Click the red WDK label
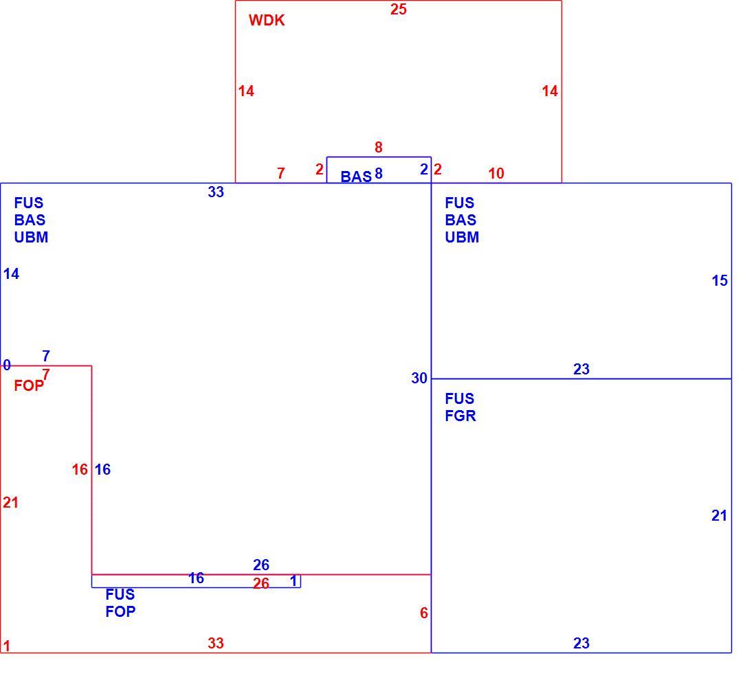pyautogui.click(x=267, y=20)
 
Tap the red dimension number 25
pyautogui.click(x=398, y=9)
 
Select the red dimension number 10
pyautogui.click(x=496, y=173)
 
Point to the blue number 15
pyautogui.click(x=720, y=280)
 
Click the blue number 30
pyautogui.click(x=419, y=378)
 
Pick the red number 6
pyautogui.click(x=424, y=613)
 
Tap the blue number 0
pyautogui.click(x=7, y=365)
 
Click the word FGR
pyautogui.click(x=460, y=416)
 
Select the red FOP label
pyautogui.click(x=29, y=385)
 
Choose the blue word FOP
pyautogui.click(x=120, y=611)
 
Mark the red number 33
pyautogui.click(x=216, y=643)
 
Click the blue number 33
pyautogui.click(x=216, y=192)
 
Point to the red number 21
pyautogui.click(x=10, y=503)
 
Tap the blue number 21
pyautogui.click(x=719, y=516)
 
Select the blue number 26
pyautogui.click(x=261, y=564)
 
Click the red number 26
pyautogui.click(x=261, y=584)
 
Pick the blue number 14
pyautogui.click(x=11, y=273)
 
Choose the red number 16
pyautogui.click(x=80, y=469)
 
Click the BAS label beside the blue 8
pyautogui.click(x=356, y=177)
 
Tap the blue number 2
pyautogui.click(x=424, y=169)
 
